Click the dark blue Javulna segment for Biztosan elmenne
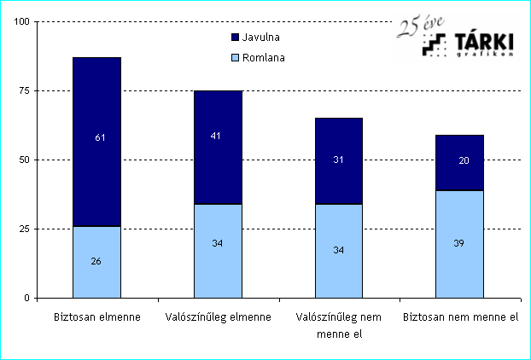pos(96,111)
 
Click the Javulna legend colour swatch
pos(236,38)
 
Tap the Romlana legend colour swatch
pos(236,58)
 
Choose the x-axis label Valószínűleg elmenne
pos(217,317)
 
